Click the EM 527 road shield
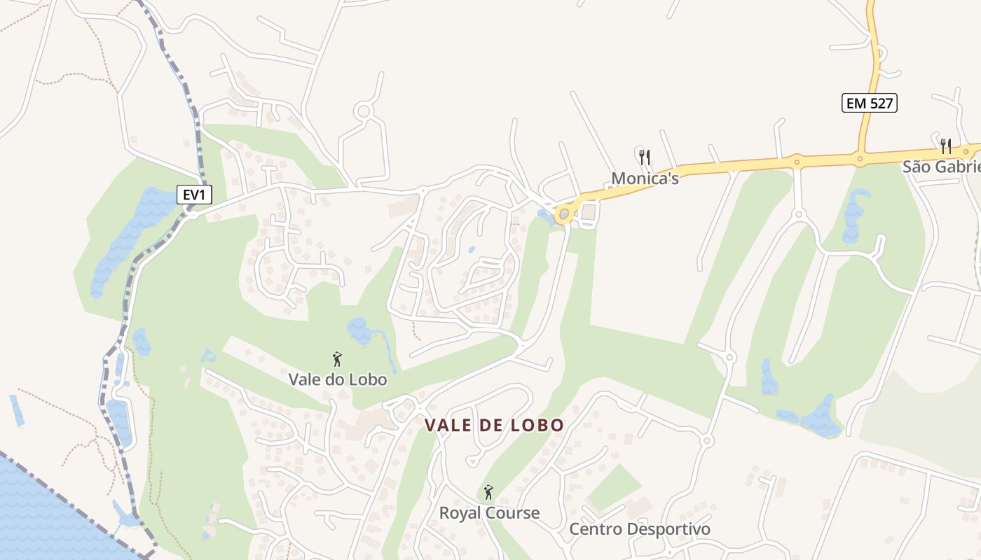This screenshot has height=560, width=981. point(869,103)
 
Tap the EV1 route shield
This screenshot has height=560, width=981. point(194,195)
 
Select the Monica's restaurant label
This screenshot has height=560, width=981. point(645,178)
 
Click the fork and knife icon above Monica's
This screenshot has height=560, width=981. point(645,157)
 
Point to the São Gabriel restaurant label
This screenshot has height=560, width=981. point(941,167)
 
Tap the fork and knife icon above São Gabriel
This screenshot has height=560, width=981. point(946,146)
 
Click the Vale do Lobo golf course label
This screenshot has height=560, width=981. point(338,379)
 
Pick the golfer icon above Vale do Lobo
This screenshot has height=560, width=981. point(337,359)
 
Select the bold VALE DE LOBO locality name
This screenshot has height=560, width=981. point(494,425)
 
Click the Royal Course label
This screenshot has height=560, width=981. point(489,512)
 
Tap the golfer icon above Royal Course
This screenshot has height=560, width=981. point(488,492)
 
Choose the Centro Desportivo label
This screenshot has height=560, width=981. point(639,528)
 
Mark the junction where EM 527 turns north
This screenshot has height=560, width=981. point(859,158)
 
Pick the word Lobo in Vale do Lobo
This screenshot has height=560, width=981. point(366,379)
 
